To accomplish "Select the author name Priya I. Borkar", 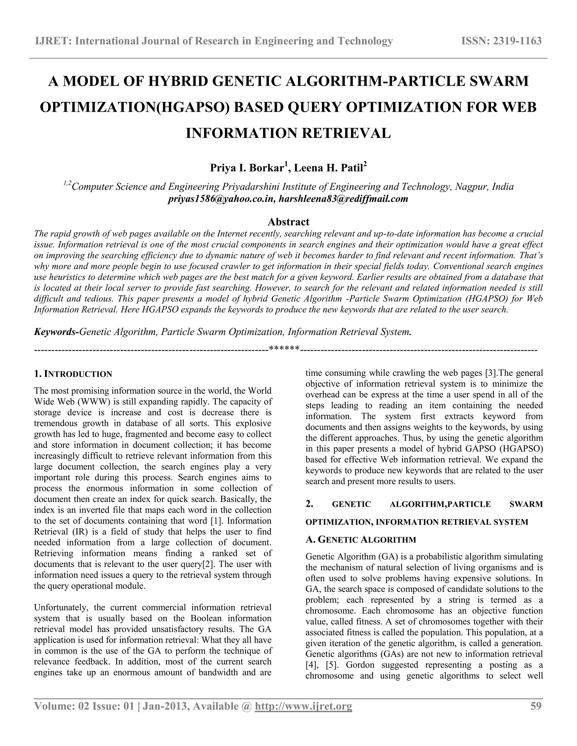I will click(x=247, y=168).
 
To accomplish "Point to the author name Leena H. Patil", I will click(x=329, y=168).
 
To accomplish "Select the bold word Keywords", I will click(x=56, y=332).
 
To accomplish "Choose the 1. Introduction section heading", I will click(x=73, y=374).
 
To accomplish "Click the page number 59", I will click(x=536, y=706).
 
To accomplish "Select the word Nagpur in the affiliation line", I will click(x=472, y=187).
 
